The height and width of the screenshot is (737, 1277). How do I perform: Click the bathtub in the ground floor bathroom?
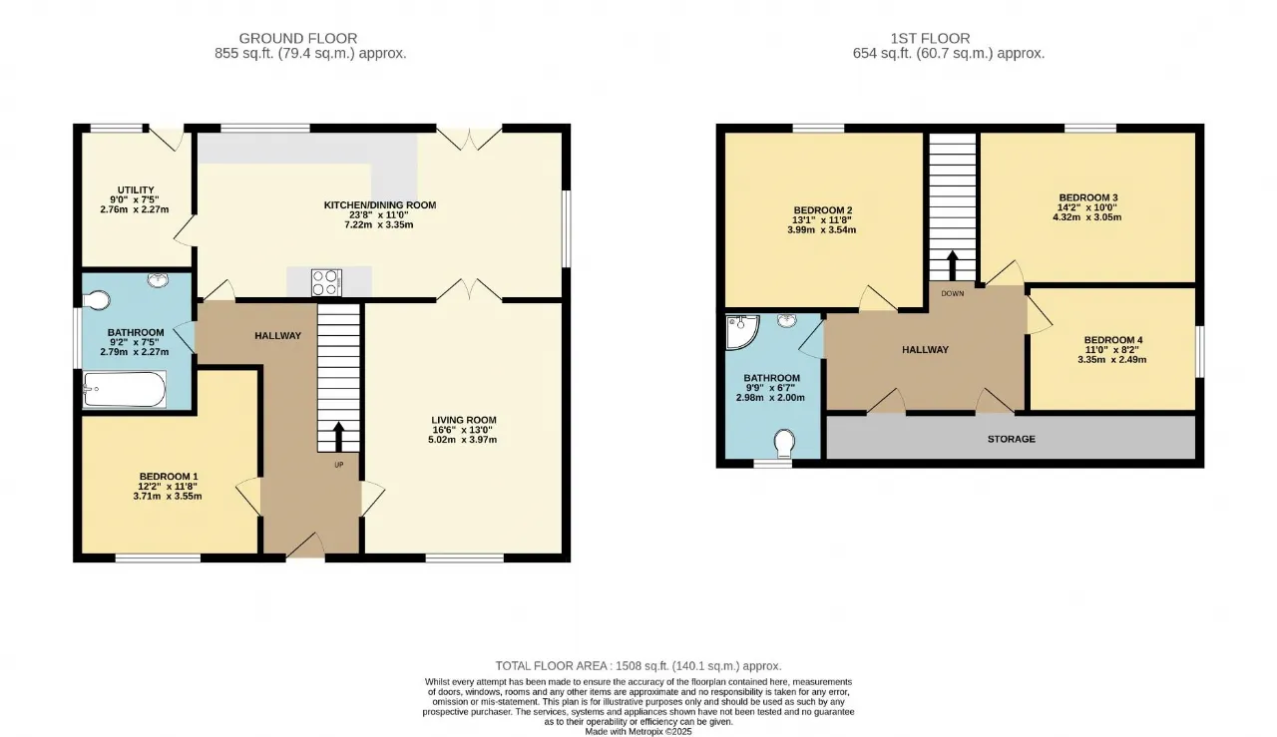pyautogui.click(x=125, y=389)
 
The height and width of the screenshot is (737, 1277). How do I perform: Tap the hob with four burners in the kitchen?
pyautogui.click(x=326, y=282)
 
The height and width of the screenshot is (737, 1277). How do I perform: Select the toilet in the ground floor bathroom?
pyautogui.click(x=97, y=300)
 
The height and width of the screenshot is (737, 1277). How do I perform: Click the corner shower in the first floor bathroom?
pyautogui.click(x=741, y=331)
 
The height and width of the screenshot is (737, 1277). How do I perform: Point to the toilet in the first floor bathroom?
pyautogui.click(x=784, y=444)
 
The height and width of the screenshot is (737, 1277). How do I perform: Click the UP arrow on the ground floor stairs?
pyautogui.click(x=338, y=436)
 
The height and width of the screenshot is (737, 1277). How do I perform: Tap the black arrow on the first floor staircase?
pyautogui.click(x=952, y=265)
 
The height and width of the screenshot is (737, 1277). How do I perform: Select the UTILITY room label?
pyautogui.click(x=136, y=189)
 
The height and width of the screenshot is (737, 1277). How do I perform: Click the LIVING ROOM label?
pyautogui.click(x=464, y=420)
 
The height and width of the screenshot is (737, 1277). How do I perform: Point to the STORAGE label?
pyautogui.click(x=1012, y=439)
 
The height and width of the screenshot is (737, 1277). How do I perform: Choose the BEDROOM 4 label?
pyautogui.click(x=1113, y=340)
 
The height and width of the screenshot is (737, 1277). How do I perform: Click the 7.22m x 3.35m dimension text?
pyautogui.click(x=378, y=224)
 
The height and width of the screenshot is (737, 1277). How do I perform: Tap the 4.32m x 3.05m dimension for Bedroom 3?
pyautogui.click(x=1086, y=217)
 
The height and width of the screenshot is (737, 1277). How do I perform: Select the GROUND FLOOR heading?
pyautogui.click(x=298, y=38)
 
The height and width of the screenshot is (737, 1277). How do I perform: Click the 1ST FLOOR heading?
pyautogui.click(x=931, y=38)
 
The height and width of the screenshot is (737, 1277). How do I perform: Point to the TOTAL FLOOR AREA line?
pyautogui.click(x=638, y=666)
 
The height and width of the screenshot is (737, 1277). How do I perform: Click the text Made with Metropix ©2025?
pyautogui.click(x=638, y=731)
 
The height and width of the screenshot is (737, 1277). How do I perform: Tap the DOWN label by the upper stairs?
pyautogui.click(x=953, y=293)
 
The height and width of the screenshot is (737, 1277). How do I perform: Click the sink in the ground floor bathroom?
pyautogui.click(x=158, y=280)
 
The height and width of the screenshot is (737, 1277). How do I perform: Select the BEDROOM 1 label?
pyautogui.click(x=169, y=477)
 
